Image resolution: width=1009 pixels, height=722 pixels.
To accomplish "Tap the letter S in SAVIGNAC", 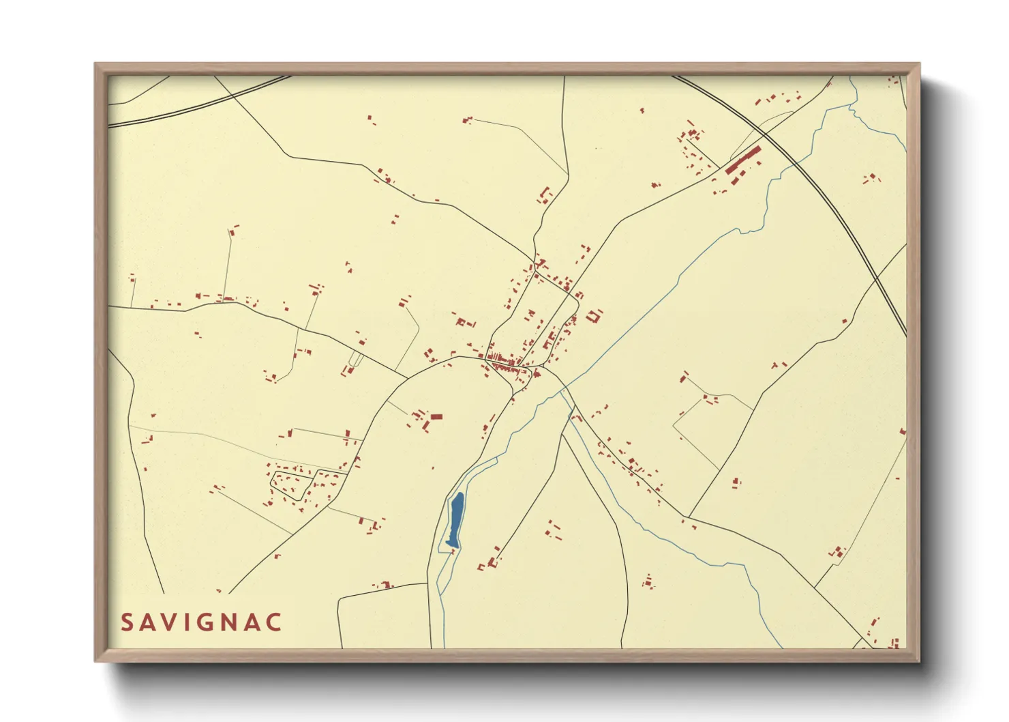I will point(127,622).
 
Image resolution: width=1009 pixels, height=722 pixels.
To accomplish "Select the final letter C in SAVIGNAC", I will point(274,622).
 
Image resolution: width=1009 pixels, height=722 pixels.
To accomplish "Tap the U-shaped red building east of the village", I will point(594,315).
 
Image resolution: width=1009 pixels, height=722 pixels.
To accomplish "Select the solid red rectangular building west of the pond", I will point(436,416).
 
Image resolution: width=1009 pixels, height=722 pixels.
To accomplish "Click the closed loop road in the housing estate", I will point(292,485).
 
